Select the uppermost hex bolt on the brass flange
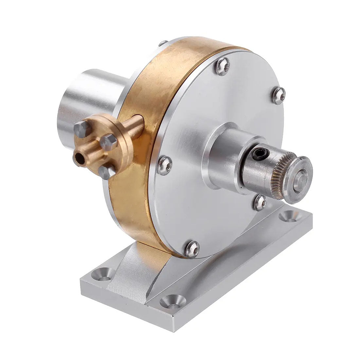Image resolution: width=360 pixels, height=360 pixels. pyautogui.click(x=80, y=128)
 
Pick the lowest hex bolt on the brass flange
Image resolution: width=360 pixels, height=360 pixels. pyautogui.click(x=106, y=171)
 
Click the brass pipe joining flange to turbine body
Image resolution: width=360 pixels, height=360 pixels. pyautogui.click(x=134, y=127)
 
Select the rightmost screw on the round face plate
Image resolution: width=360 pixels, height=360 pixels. pyautogui.click(x=279, y=95)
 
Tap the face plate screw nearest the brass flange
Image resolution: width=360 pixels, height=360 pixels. pyautogui.click(x=165, y=165)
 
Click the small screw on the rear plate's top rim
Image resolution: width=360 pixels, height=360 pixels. pyautogui.click(x=162, y=43)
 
